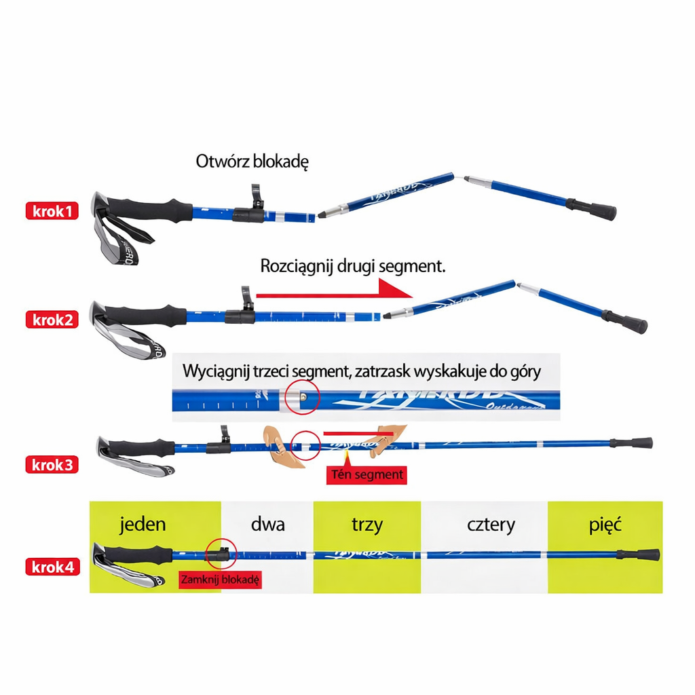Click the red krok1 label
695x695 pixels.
(x=52, y=211)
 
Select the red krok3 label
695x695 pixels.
(x=52, y=465)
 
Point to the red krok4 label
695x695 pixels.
(x=52, y=567)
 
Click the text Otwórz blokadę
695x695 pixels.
(x=252, y=162)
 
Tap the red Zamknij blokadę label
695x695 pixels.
(x=220, y=580)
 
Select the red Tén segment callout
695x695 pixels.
(x=367, y=474)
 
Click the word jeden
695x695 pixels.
(x=143, y=524)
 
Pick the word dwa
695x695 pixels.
(x=267, y=524)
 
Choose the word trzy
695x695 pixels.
(x=367, y=524)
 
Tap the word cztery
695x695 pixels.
(x=491, y=524)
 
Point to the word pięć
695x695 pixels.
(x=605, y=524)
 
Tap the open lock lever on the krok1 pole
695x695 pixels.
(x=257, y=198)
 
